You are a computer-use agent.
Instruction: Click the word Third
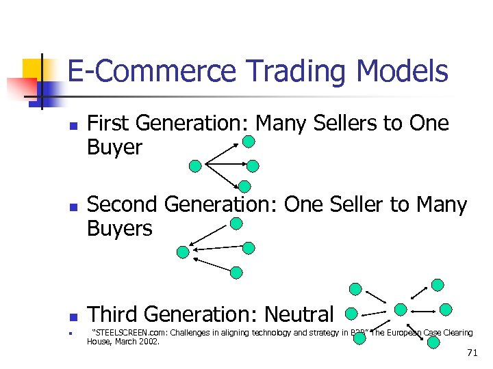coord(114,314)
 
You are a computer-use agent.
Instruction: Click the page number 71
coord(471,353)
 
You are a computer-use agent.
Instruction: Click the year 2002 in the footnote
coord(147,341)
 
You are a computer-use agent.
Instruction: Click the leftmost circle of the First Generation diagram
coord(195,165)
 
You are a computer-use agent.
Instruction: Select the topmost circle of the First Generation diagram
coord(249,141)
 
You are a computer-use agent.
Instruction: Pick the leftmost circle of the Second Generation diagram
coord(183,252)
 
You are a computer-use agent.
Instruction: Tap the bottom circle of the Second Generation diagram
coord(236,273)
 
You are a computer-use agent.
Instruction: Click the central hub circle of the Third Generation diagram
coord(401,310)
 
